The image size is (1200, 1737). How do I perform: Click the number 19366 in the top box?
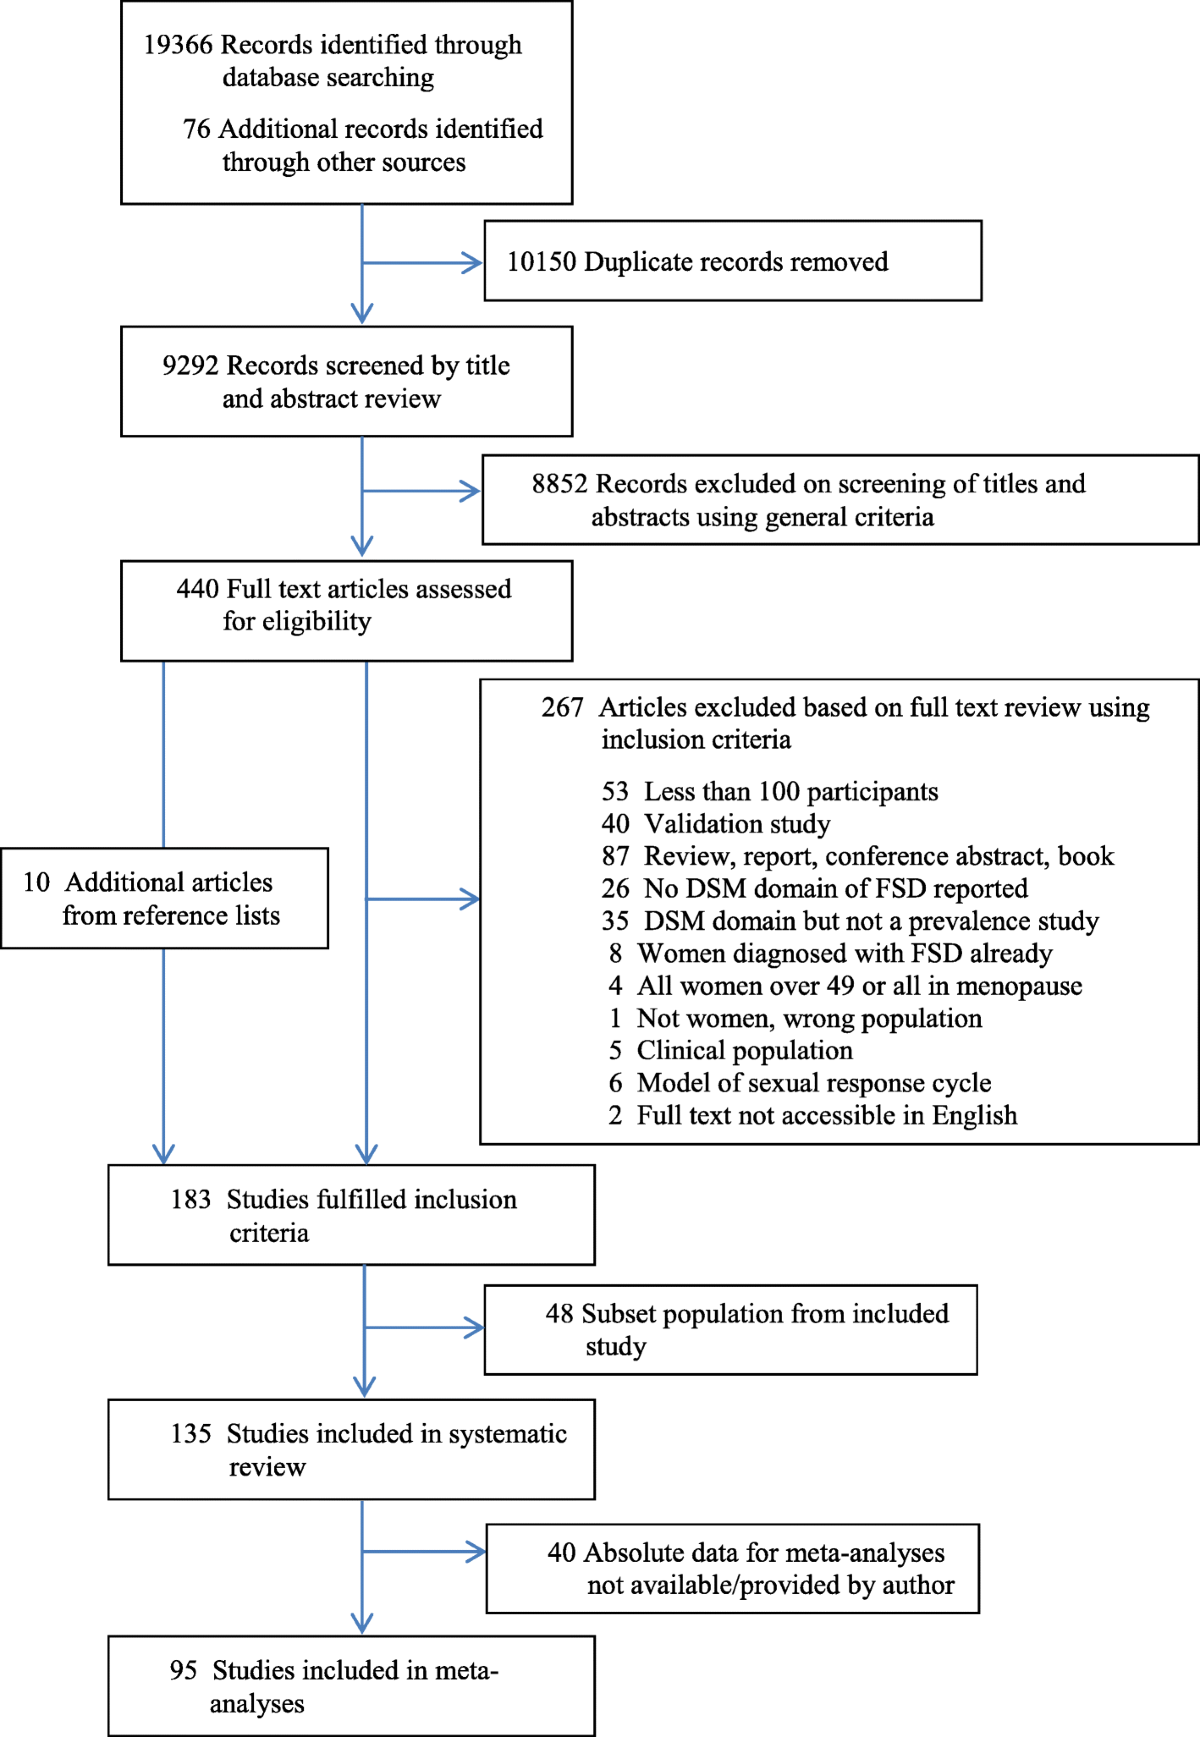point(177,45)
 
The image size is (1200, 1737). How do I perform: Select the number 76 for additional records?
point(196,129)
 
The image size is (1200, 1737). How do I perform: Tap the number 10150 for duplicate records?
point(541,262)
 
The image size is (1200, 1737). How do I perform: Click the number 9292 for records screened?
point(190,366)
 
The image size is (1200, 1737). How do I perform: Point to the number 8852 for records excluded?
point(559,484)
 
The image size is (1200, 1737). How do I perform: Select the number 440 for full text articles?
point(197,589)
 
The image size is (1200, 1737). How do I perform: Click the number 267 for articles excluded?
point(562,708)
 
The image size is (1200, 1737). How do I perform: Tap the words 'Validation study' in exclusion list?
point(737,824)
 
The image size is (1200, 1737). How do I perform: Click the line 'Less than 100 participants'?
point(790,792)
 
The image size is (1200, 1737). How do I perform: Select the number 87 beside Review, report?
point(615,857)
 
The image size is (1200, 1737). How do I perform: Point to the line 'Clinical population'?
point(744,1051)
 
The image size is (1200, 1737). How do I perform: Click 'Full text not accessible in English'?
point(826,1116)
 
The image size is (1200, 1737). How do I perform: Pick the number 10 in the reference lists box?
point(36,883)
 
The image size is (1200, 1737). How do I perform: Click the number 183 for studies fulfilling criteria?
point(190,1200)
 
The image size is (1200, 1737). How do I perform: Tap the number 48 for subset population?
point(559,1314)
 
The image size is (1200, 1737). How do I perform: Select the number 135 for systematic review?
point(190,1434)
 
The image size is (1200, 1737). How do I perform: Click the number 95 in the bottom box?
point(183,1671)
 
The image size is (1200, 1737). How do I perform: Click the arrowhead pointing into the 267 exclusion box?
point(470,899)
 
